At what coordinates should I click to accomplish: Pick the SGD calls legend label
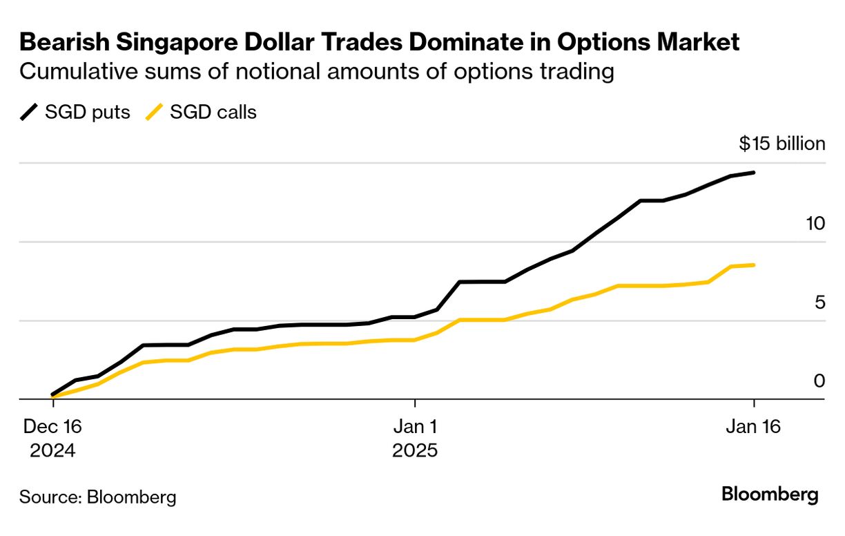pos(213,112)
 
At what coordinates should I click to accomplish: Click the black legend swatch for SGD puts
pos(30,112)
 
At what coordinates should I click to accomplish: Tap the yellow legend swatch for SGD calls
pos(155,112)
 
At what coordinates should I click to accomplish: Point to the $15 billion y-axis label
pos(781,144)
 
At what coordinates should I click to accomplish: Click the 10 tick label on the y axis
pos(815,223)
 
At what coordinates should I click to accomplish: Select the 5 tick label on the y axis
pos(819,302)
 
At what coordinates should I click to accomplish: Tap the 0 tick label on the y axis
pos(819,381)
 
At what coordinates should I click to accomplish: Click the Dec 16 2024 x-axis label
pos(52,439)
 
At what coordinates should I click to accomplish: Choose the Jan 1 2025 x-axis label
pos(415,439)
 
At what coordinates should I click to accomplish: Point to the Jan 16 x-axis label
pos(753,427)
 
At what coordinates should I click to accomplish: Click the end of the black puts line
pos(754,172)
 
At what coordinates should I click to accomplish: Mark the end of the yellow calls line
pos(754,265)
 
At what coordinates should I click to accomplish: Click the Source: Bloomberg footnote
pos(97,497)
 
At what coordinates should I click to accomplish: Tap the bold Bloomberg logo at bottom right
pos(770,495)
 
